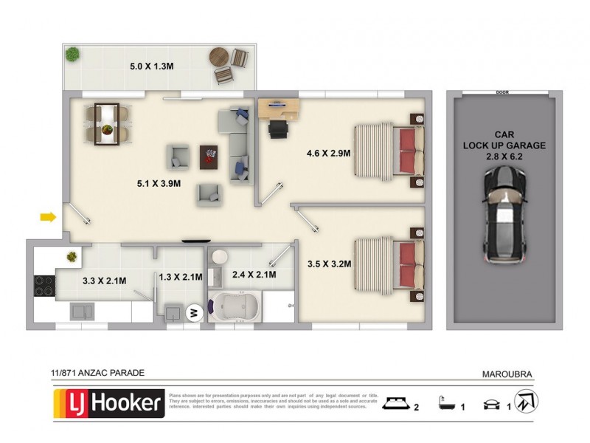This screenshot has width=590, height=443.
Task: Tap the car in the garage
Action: coord(504,216)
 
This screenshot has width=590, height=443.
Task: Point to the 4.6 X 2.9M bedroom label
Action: coord(328,154)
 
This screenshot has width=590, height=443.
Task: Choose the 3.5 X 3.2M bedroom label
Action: coord(328,263)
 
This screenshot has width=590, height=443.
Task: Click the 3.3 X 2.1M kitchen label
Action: coord(104,281)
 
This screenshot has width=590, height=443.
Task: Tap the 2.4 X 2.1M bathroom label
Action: coord(254,275)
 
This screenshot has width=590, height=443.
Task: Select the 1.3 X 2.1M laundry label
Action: coord(180,278)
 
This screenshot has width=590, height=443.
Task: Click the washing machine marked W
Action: coord(196,313)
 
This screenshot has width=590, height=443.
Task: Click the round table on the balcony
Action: coord(219,56)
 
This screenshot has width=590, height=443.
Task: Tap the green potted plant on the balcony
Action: coord(72,54)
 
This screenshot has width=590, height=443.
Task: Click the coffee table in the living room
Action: coord(209,154)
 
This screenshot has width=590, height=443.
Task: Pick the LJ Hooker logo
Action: coord(108,403)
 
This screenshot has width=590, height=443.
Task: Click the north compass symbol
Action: coord(526,402)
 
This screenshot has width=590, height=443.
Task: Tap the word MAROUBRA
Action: coord(508,374)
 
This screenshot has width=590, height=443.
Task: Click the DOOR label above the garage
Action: coord(503,93)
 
